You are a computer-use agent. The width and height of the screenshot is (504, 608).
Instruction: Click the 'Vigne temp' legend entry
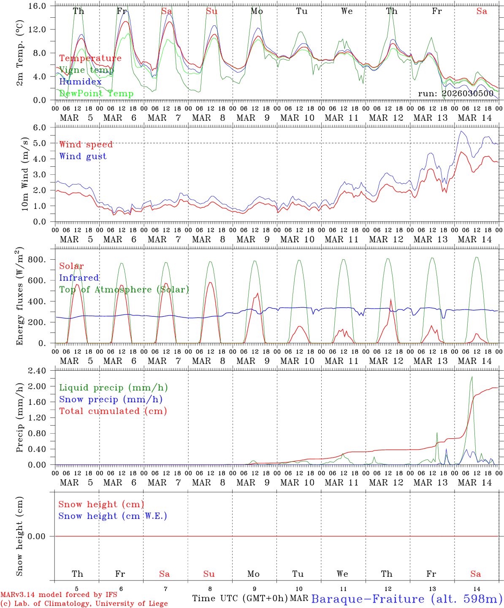tap(86, 70)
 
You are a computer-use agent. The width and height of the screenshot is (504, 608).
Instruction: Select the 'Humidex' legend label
tap(80, 82)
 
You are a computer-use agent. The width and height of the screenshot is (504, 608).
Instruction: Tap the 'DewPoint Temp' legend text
tap(96, 94)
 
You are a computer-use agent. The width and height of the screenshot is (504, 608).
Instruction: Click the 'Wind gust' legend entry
tap(83, 156)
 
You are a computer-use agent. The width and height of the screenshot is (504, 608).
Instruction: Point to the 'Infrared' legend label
tap(79, 278)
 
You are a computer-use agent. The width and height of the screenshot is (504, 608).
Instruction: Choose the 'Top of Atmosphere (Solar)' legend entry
tap(124, 290)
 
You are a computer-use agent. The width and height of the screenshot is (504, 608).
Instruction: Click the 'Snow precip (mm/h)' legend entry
tap(111, 399)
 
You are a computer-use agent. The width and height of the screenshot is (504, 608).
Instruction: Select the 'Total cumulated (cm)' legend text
tap(113, 411)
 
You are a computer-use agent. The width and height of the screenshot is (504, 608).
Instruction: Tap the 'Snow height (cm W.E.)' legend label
tap(113, 516)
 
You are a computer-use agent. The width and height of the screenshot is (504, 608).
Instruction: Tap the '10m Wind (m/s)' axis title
tap(25, 174)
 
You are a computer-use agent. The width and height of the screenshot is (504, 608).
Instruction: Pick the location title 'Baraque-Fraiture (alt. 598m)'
tap(407, 599)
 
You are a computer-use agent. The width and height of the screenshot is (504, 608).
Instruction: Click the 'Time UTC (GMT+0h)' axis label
tap(240, 598)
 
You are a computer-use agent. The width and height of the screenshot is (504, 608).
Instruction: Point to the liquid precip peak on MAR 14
tap(471, 377)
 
